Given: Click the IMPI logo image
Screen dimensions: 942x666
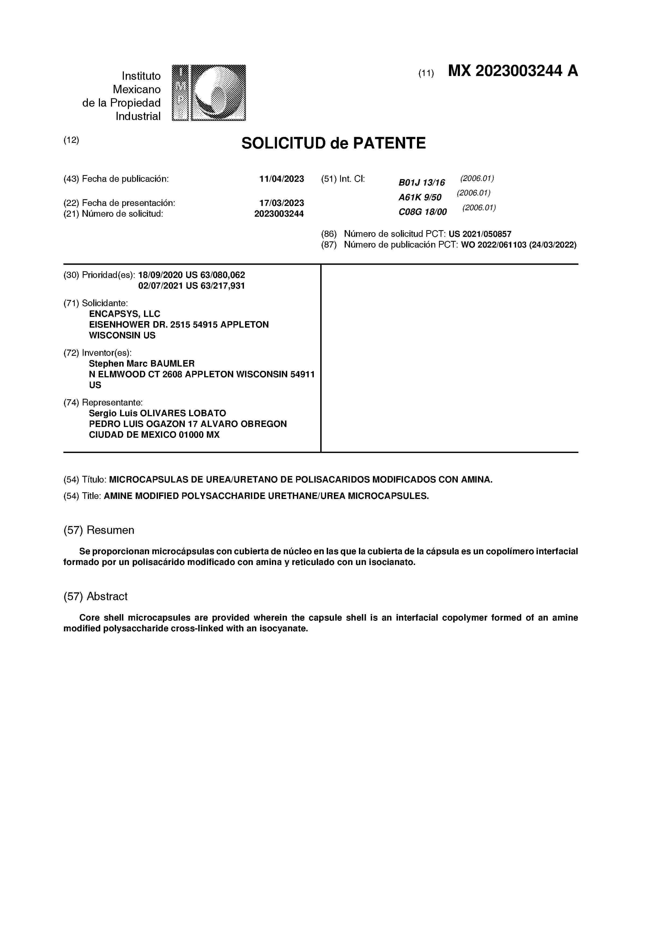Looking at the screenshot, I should point(208,93).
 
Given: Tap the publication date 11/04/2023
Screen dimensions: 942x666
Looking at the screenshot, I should point(282,179).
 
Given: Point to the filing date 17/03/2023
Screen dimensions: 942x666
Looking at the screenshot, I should point(282,203).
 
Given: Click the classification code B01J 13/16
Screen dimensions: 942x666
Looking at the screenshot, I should point(422,183).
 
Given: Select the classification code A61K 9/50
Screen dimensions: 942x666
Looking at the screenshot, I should point(420,197).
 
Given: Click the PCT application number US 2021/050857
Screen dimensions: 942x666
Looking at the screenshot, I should point(480,234).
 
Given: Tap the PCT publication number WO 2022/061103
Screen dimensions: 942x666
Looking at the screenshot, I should point(493,245).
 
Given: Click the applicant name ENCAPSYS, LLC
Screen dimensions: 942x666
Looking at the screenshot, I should point(124,314).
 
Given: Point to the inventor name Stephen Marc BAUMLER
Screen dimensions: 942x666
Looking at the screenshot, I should point(142,364).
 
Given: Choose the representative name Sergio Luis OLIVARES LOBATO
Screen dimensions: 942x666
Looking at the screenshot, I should point(157,413).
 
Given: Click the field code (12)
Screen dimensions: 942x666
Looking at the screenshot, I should point(71,140).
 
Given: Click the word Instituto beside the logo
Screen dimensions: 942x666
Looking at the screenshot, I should point(141,76).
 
